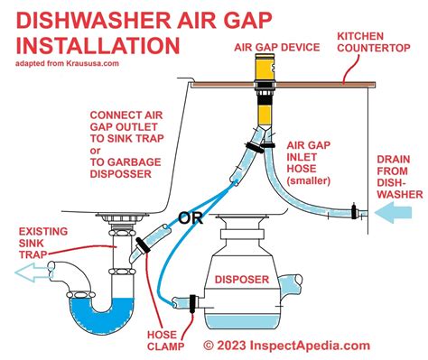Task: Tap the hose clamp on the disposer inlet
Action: point(191,300)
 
